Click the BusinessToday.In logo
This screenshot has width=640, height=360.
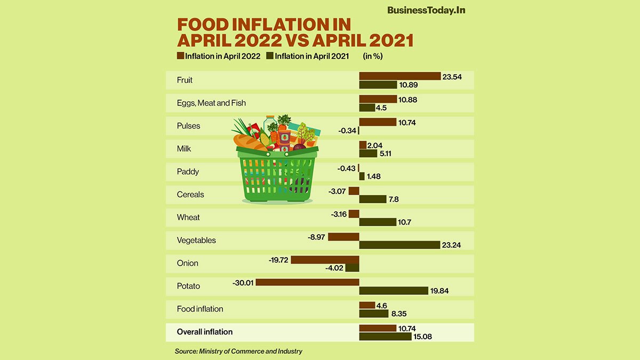[x=426, y=10]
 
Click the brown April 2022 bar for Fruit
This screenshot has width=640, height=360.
[x=399, y=76]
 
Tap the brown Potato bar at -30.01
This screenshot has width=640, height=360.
[x=307, y=282]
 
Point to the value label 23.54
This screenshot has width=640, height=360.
[x=452, y=77]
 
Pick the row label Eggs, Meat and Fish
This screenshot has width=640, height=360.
[x=211, y=103]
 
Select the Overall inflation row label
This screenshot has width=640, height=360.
[x=205, y=332]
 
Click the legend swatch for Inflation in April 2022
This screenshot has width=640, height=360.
[x=180, y=56]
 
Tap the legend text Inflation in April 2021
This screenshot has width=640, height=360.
[x=311, y=56]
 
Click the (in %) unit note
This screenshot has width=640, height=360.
[x=373, y=56]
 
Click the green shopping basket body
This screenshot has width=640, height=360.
[x=277, y=176]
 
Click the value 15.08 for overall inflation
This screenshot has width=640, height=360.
[x=423, y=337]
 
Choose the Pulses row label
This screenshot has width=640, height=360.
[x=189, y=126]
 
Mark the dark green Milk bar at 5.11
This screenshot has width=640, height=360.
[x=368, y=154]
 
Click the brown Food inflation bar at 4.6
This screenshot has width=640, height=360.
[x=367, y=305]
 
